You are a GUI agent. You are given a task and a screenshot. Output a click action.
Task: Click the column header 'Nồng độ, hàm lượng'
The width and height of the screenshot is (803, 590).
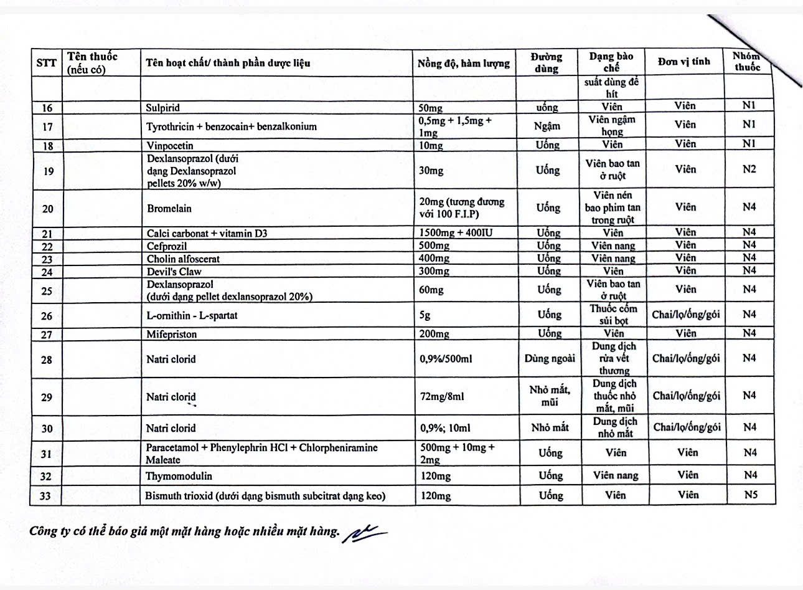point(464,63)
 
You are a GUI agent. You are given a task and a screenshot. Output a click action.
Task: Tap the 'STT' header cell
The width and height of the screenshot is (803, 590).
point(47,63)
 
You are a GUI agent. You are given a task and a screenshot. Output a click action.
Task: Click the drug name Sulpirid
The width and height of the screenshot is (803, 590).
point(163,108)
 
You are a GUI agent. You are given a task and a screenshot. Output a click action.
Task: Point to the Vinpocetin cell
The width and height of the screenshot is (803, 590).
point(170,146)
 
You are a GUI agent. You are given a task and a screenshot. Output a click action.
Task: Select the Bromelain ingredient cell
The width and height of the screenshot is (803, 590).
point(169,208)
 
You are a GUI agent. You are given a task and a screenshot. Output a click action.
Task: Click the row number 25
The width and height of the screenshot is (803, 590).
point(47,291)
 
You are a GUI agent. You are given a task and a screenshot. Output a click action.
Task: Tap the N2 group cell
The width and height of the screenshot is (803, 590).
point(749,169)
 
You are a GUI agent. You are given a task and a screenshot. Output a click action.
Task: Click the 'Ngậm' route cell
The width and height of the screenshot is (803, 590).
point(547,126)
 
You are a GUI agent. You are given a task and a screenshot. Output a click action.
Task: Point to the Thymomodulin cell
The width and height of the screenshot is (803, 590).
point(179,476)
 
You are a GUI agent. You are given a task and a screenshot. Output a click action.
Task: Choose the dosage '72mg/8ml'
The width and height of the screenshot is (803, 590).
point(442,396)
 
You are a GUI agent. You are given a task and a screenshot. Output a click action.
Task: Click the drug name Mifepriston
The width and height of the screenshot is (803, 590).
point(172,334)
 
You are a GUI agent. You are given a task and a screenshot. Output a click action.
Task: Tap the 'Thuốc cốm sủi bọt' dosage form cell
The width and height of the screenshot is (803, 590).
point(613,315)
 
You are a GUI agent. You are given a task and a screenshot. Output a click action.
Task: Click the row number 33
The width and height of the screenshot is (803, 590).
point(47,496)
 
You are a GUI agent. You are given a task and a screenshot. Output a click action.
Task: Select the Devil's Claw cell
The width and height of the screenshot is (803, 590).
point(174,272)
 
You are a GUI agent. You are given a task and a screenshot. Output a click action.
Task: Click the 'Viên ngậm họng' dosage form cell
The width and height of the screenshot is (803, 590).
point(612,126)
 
